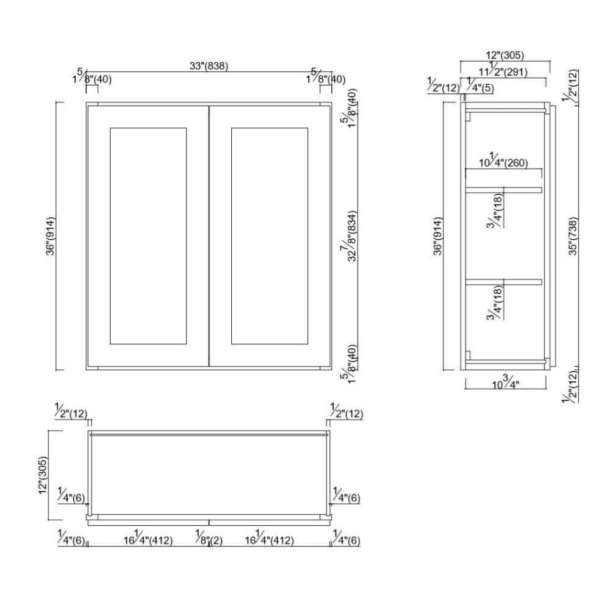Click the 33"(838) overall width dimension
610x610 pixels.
tap(209, 66)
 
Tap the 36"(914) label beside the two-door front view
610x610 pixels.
tap(51, 237)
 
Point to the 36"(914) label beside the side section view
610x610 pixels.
tap(439, 237)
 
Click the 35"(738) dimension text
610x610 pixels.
tap(573, 236)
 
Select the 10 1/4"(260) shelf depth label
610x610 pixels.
tap(503, 162)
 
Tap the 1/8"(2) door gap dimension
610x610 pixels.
tap(209, 539)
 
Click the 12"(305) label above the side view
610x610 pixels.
tap(505, 56)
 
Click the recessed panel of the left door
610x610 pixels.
tap(147, 235)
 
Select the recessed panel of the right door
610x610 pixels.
tap(270, 235)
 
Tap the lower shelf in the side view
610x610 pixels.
tap(503, 282)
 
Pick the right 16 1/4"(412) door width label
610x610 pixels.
tap(270, 539)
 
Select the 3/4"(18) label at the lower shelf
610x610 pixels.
tap(496, 305)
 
